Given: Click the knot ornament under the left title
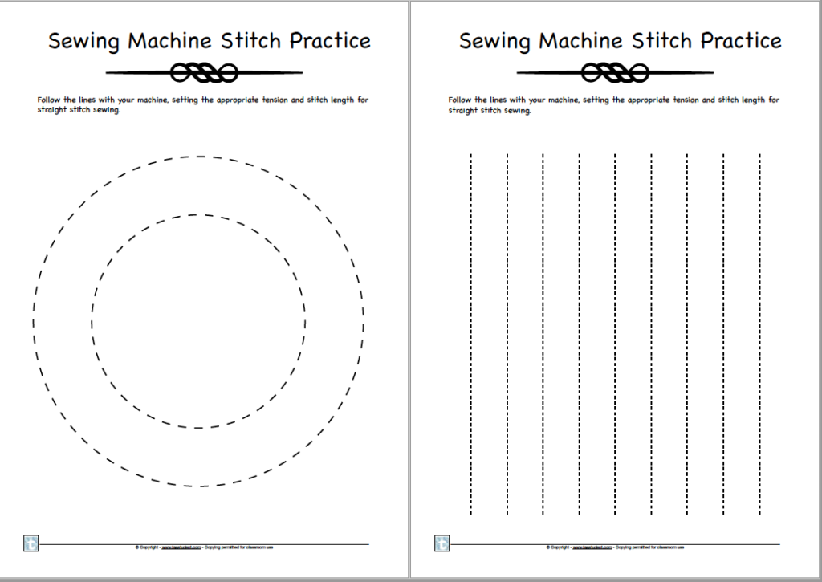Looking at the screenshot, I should pyautogui.click(x=204, y=74).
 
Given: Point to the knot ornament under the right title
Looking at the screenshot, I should pyautogui.click(x=615, y=74).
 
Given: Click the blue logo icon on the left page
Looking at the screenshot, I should pyautogui.click(x=31, y=543).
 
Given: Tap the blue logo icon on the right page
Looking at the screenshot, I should pyautogui.click(x=442, y=543).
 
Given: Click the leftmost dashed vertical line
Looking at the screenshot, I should pyautogui.click(x=471, y=333).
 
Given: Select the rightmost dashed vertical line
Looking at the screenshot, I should pyautogui.click(x=759, y=333).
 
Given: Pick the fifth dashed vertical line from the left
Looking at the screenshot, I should pyautogui.click(x=615, y=333).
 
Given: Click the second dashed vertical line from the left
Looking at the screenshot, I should pyautogui.click(x=507, y=333).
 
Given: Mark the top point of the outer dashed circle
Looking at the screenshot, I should pyautogui.click(x=198, y=157).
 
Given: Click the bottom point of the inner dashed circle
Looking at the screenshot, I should pyautogui.click(x=198, y=428).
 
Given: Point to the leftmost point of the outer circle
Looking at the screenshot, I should pyautogui.click(x=34, y=321).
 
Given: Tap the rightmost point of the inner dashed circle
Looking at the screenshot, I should pyautogui.click(x=305, y=321).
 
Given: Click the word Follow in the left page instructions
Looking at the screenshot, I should pyautogui.click(x=48, y=100).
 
